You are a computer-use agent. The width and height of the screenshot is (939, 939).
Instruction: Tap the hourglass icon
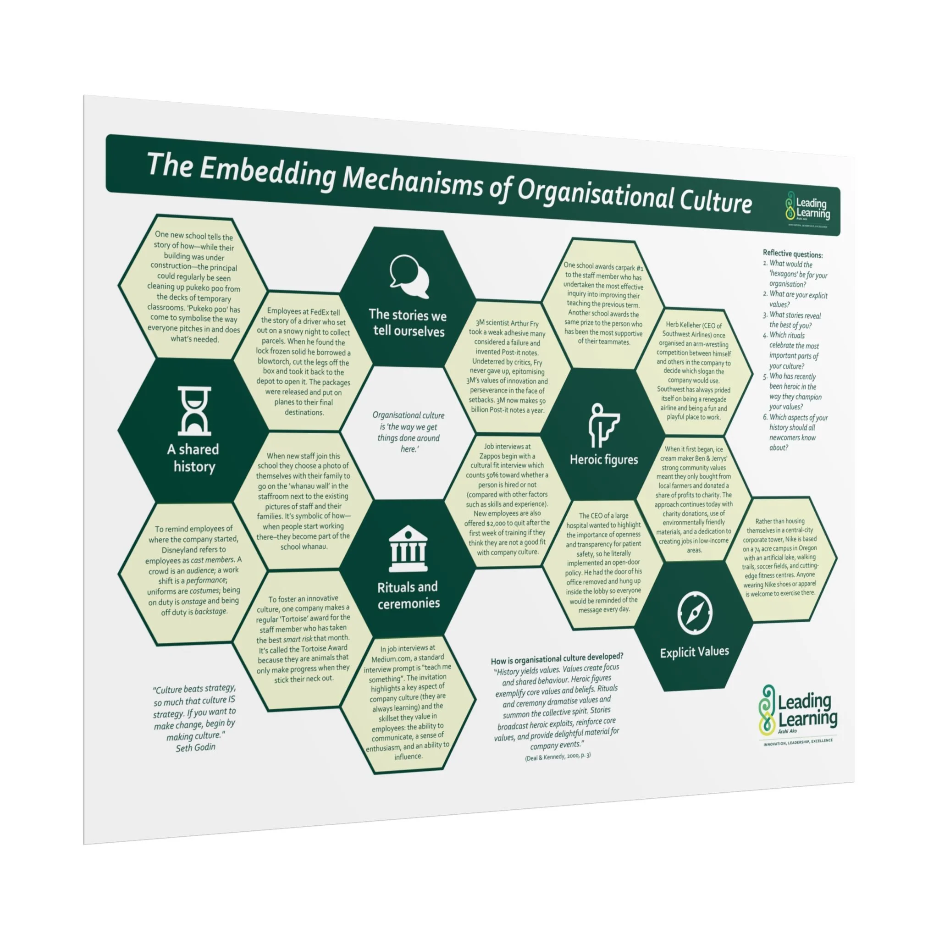click(x=194, y=411)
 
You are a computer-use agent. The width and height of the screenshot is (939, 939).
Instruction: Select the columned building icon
click(x=408, y=549)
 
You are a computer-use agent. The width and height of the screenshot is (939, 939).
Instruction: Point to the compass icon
click(x=694, y=613)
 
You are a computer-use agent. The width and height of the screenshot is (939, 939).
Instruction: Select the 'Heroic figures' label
click(x=604, y=460)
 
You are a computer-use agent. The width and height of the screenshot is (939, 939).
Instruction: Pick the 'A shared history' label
click(x=193, y=458)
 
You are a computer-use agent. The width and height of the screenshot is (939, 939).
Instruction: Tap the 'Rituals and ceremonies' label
click(x=408, y=595)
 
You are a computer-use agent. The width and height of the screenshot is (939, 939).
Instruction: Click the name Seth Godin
click(x=195, y=747)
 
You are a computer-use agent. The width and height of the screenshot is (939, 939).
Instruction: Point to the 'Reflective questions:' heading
click(x=792, y=254)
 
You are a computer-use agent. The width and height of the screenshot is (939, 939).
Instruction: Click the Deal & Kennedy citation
click(x=558, y=757)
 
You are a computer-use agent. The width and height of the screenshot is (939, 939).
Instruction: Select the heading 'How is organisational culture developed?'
click(x=557, y=659)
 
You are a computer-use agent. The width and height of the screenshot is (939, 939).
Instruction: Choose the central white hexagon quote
click(x=408, y=431)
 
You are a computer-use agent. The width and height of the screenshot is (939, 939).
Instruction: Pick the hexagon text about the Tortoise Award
click(x=303, y=638)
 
